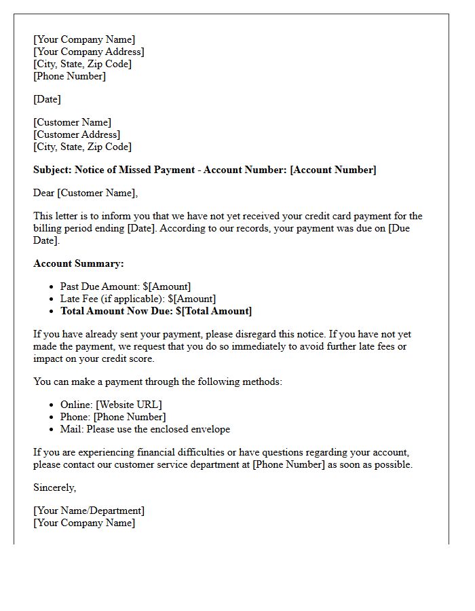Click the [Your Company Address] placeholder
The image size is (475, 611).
tap(88, 52)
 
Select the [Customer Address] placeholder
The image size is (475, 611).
tap(77, 134)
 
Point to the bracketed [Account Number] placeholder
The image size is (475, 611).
tap(332, 170)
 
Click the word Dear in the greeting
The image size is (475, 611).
tap(44, 193)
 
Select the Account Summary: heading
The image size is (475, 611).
tap(79, 263)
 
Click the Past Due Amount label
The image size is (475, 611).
tap(100, 286)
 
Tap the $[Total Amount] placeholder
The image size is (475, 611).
tap(214, 311)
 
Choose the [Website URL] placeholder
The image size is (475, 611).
tap(129, 405)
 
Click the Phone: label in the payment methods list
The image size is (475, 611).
tap(75, 417)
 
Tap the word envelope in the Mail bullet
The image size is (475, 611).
tap(210, 429)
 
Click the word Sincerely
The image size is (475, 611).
tap(54, 487)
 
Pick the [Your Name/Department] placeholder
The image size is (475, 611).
tap(89, 511)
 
